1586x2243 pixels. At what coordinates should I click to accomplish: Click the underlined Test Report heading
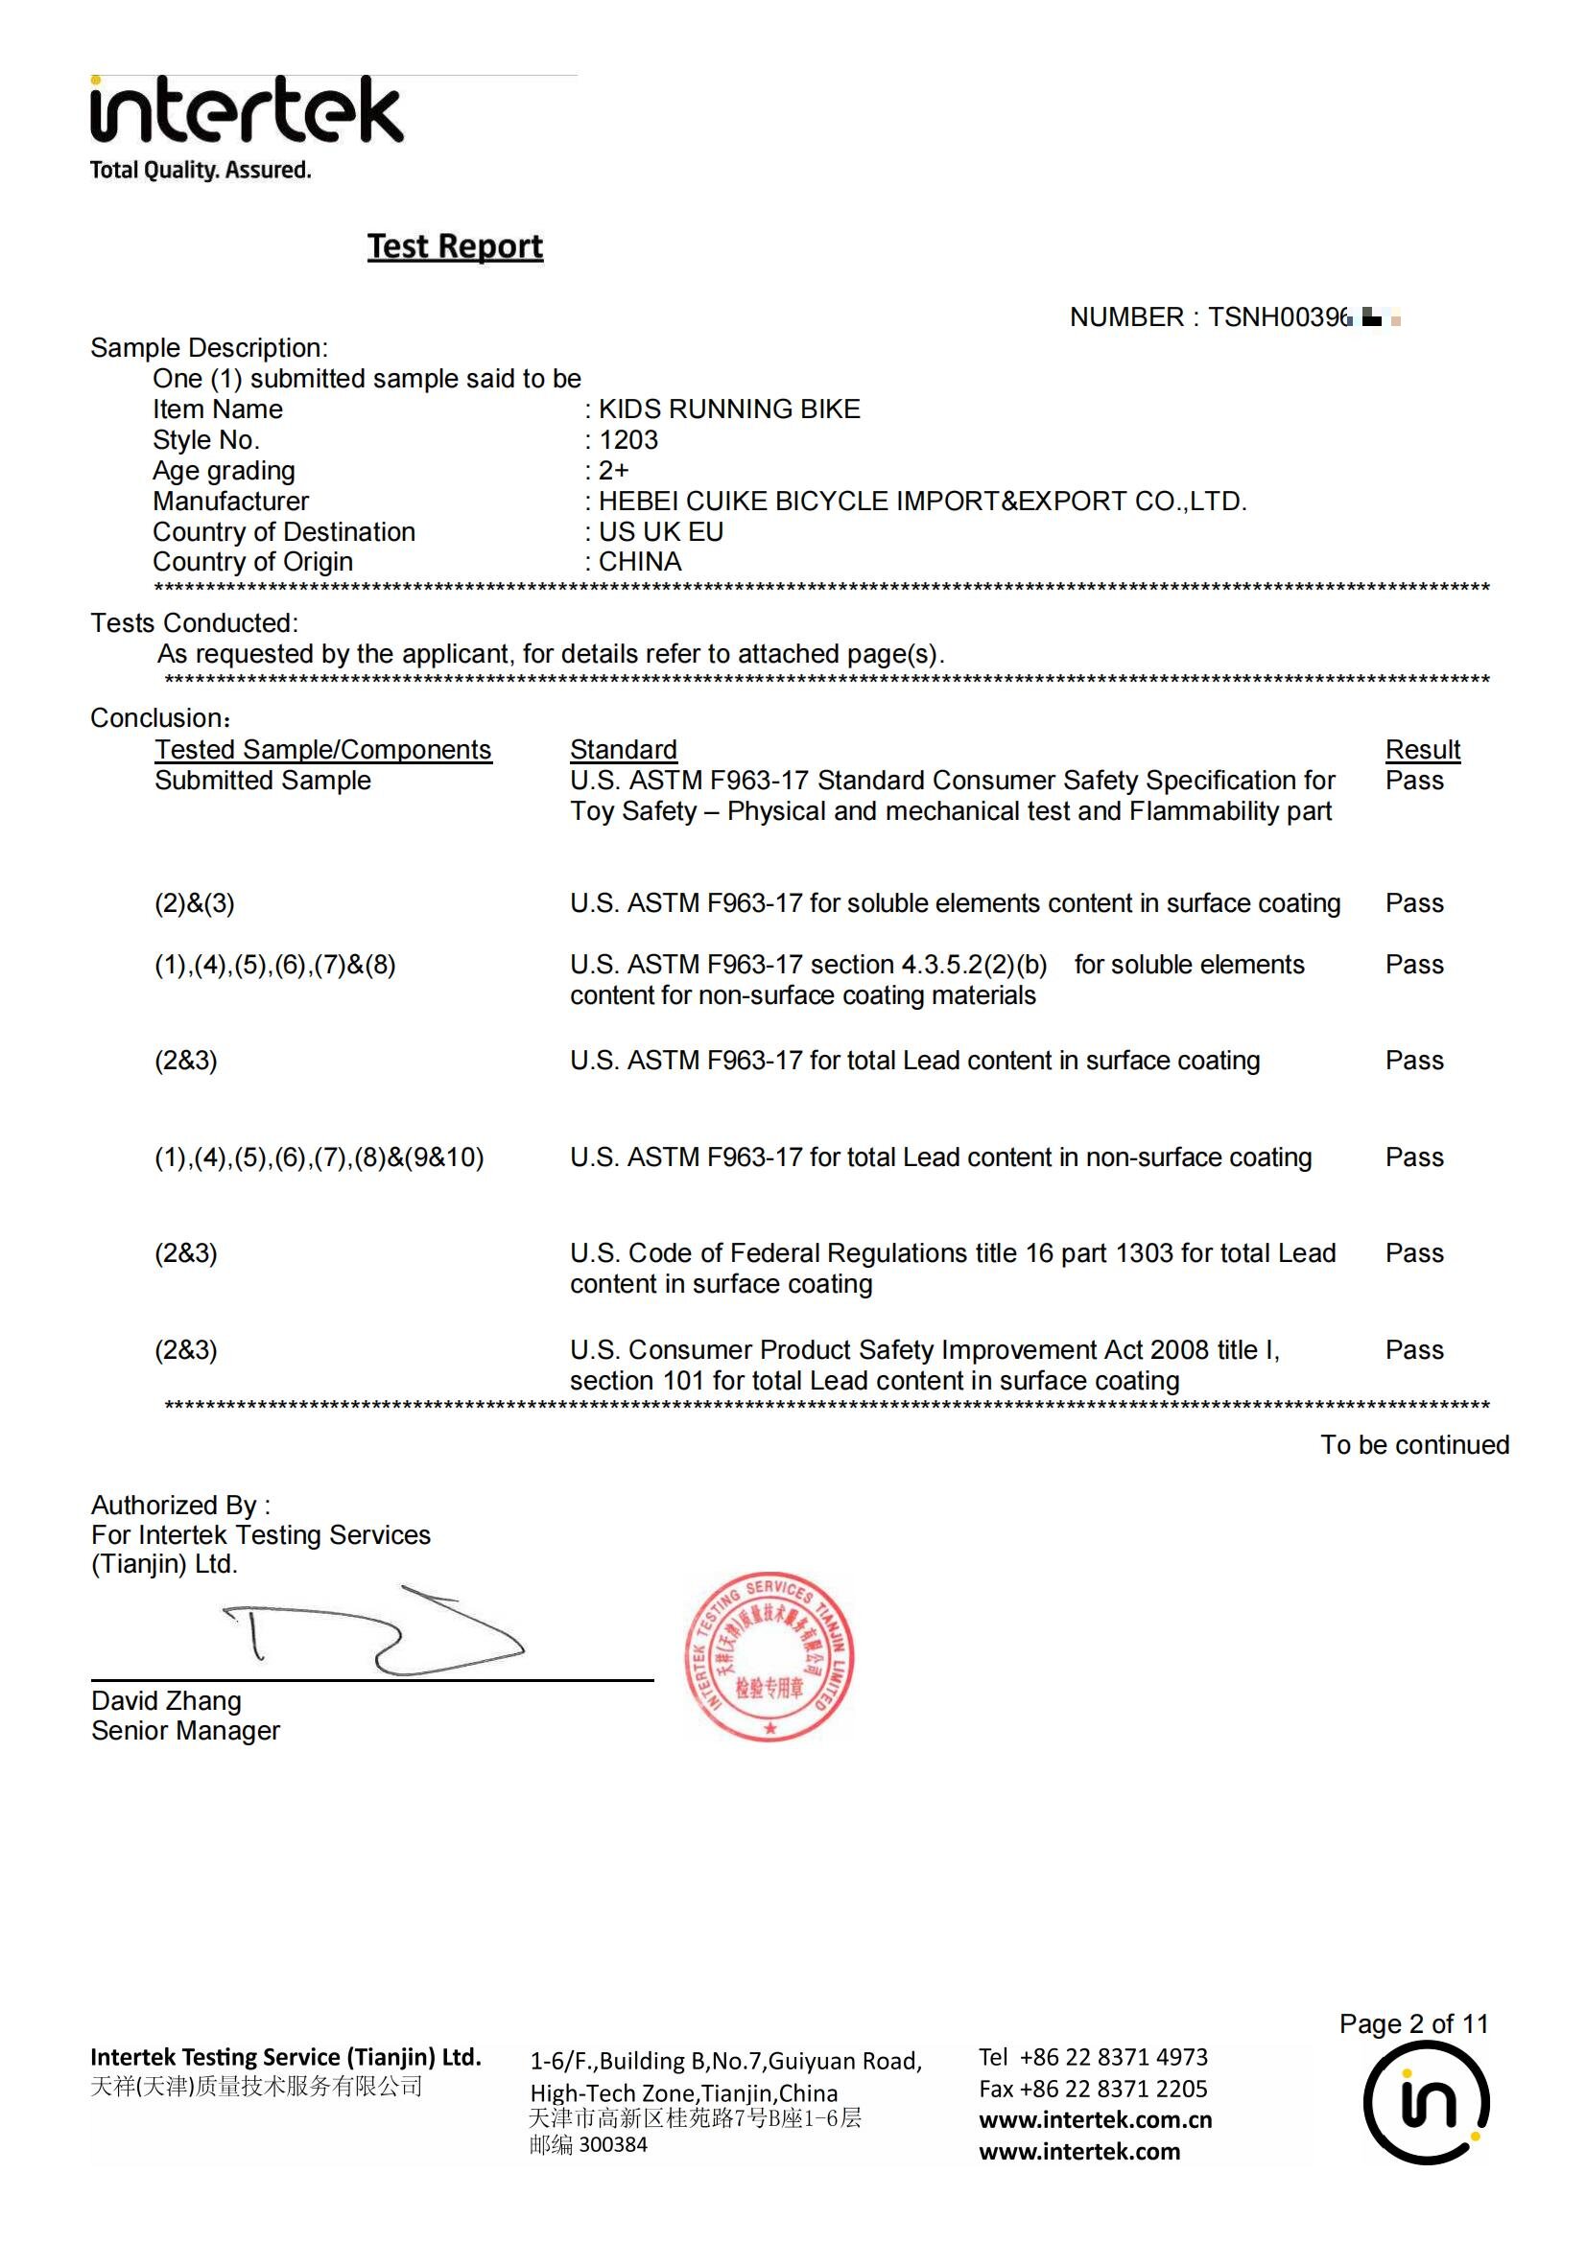click(455, 246)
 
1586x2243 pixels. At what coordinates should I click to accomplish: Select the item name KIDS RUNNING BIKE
click(729, 409)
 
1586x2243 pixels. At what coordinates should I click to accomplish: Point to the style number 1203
click(628, 439)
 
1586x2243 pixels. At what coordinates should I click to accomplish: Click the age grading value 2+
click(614, 470)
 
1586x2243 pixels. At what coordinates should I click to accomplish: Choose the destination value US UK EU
click(660, 531)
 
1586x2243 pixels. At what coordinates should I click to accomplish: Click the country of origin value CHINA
click(640, 562)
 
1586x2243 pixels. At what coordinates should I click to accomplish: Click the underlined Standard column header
click(623, 749)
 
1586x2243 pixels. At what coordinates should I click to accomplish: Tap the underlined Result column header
click(1422, 749)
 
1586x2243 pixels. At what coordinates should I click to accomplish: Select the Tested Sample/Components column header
click(322, 749)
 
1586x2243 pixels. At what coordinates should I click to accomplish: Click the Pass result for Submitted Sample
click(1413, 781)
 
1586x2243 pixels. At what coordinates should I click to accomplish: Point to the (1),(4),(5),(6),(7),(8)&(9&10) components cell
click(319, 1157)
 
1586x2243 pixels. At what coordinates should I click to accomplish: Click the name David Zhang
click(166, 1701)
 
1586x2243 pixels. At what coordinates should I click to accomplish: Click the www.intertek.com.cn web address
click(1095, 2120)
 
